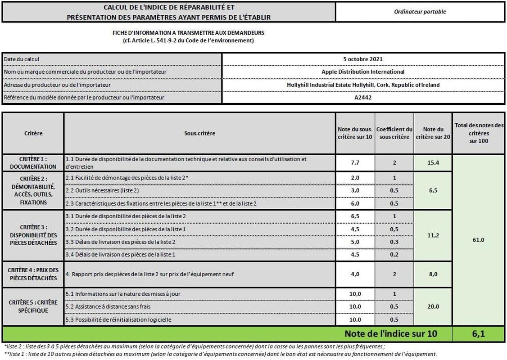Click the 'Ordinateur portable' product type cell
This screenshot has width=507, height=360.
pyautogui.click(x=420, y=12)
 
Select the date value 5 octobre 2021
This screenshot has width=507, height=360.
pyautogui.click(x=363, y=59)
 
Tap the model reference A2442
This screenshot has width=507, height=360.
pyautogui.click(x=363, y=97)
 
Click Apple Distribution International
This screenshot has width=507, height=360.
pyautogui.click(x=363, y=72)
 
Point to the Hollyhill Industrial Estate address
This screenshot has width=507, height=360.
pyautogui.click(x=363, y=85)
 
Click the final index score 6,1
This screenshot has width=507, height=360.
pyautogui.click(x=479, y=334)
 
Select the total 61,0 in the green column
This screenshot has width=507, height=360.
pyautogui.click(x=479, y=240)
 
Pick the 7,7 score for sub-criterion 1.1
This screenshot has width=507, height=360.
pyautogui.click(x=355, y=163)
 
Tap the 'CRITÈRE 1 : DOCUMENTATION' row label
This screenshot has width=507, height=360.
pyautogui.click(x=33, y=163)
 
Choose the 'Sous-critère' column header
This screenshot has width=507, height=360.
pyautogui.click(x=199, y=134)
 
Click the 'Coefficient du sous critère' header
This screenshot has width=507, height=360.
pyautogui.click(x=394, y=133)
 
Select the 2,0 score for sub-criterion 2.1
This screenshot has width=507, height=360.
pyautogui.click(x=355, y=178)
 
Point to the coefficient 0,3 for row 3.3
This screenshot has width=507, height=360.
pyautogui.click(x=394, y=242)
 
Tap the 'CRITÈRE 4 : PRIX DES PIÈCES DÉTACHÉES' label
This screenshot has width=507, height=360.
pyautogui.click(x=33, y=274)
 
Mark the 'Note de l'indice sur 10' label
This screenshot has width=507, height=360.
pyautogui.click(x=390, y=334)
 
